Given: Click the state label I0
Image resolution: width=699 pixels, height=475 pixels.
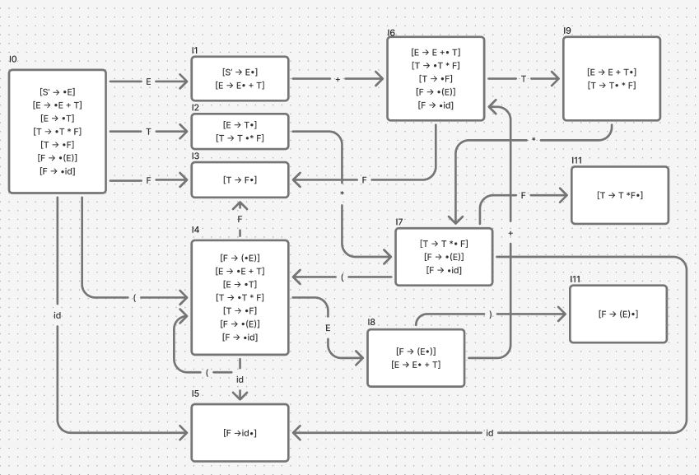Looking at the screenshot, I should click(x=13, y=59).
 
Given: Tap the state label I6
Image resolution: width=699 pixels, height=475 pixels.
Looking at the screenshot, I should click(x=391, y=33).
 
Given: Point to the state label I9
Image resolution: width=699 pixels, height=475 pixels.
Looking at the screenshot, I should click(x=567, y=30).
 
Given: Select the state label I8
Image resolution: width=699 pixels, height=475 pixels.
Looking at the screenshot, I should click(x=372, y=322).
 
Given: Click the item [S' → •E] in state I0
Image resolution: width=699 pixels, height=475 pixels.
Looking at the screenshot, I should click(x=58, y=92).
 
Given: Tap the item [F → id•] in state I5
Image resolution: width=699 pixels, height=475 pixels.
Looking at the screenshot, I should click(x=240, y=432).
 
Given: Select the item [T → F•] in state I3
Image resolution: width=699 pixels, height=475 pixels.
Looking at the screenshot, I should click(x=240, y=179).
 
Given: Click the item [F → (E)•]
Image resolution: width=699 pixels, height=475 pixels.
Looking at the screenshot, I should click(x=619, y=314).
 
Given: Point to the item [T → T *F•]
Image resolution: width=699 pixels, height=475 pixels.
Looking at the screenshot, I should click(x=619, y=195).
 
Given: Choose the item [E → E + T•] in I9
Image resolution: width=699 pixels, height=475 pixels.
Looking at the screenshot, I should click(x=611, y=72).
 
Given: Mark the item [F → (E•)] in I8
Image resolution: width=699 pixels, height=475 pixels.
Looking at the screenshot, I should click(x=416, y=352).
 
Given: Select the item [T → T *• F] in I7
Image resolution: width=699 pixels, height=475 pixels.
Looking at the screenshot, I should click(x=444, y=244).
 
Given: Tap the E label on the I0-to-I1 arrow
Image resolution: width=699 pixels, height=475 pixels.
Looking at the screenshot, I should click(x=148, y=82).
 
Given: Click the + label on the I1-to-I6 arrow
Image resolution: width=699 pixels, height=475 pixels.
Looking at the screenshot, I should click(x=338, y=80).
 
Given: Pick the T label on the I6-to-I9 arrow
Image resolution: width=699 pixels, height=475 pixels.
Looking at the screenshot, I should click(x=524, y=80).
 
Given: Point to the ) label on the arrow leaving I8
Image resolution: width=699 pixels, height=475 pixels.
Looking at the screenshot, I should click(x=490, y=314).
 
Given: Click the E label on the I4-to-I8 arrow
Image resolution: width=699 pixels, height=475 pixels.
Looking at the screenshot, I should click(x=328, y=327).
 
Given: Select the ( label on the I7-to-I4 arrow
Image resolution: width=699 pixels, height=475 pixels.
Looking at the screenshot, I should click(x=342, y=277).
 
